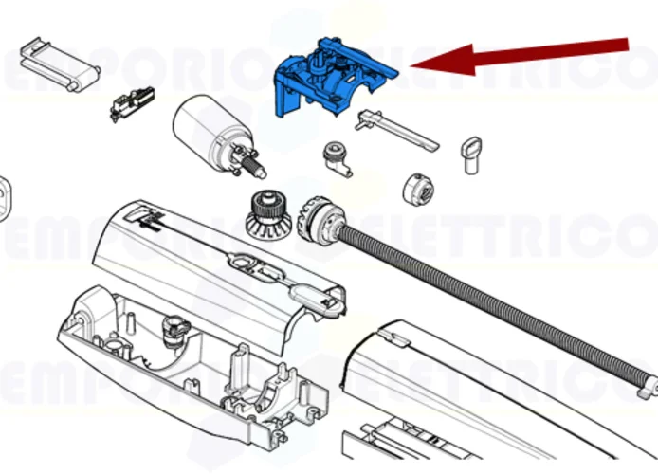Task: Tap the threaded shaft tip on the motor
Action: tap(257, 169)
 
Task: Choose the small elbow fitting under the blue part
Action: tap(336, 158)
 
